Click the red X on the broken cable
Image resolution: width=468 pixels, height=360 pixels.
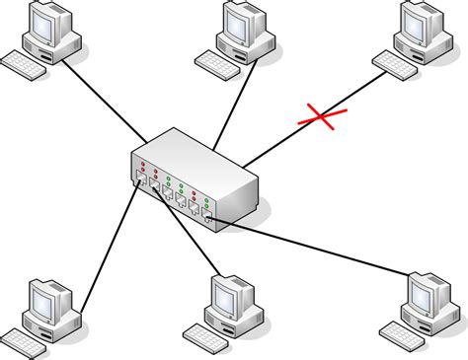[x=322, y=118]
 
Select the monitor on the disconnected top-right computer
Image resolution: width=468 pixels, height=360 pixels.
[x=424, y=21]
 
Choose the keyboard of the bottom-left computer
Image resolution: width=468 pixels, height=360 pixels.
[x=25, y=339]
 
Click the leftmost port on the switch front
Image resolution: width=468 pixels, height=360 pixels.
[x=141, y=180]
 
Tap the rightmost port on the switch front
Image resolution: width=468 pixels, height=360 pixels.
[x=208, y=217]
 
